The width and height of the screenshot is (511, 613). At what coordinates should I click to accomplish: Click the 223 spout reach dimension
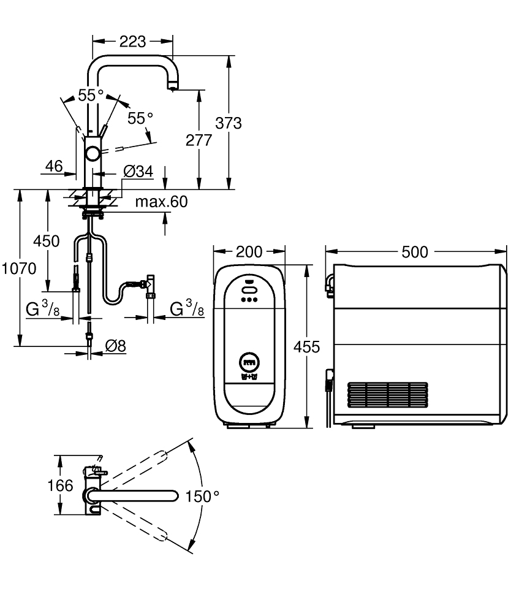point(132,42)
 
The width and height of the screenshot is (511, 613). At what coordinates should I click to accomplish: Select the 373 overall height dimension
point(229,123)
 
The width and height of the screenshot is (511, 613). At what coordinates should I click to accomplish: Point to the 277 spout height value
point(199,140)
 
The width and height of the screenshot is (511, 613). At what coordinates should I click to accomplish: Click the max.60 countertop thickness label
point(161,202)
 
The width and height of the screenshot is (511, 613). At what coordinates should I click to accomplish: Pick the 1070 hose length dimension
point(18,268)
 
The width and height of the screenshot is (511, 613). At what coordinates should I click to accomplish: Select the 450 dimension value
point(47,241)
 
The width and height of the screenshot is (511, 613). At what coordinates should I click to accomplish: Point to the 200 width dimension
point(249,252)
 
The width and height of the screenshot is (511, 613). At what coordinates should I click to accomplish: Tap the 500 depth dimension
point(415,252)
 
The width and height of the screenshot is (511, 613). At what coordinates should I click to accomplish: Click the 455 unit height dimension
point(306,347)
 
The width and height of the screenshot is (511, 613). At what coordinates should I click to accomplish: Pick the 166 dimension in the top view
point(59,487)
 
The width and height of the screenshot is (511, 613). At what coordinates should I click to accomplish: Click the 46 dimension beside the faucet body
point(54,166)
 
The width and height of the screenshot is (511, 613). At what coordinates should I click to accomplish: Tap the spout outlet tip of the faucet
point(173,88)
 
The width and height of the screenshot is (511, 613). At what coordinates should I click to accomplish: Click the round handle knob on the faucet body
point(93,153)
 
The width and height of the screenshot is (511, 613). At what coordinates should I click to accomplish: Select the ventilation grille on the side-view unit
point(387,396)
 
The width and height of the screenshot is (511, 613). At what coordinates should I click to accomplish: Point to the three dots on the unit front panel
point(248,300)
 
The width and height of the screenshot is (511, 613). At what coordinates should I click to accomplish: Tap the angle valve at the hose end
point(149,286)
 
